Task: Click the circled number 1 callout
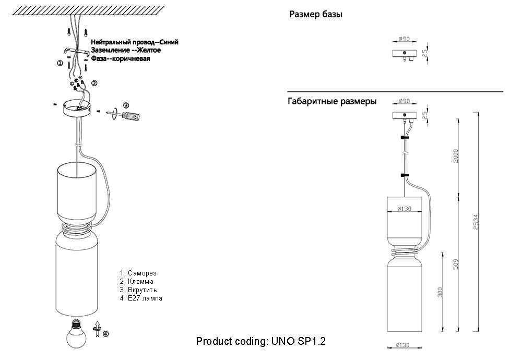coord(60,64)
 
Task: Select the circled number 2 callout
coord(94,83)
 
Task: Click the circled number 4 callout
coord(106,334)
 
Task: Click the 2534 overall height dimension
coord(476,221)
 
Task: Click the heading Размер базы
coord(316,15)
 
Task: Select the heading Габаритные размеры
coord(332,102)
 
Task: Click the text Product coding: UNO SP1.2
coord(261,342)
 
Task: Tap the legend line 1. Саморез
coord(138,273)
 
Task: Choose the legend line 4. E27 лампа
coord(141,298)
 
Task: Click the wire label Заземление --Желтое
coord(125,50)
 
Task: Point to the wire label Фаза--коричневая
coord(121,59)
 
